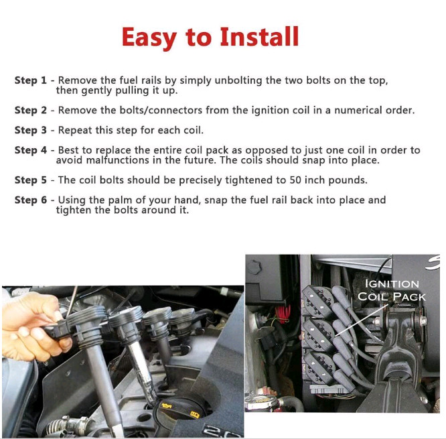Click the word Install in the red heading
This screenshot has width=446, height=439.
click(259, 36)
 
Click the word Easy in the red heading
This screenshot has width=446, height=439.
click(149, 38)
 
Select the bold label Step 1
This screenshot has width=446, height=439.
click(30, 80)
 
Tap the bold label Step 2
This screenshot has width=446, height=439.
click(30, 110)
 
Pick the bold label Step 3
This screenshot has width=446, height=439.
click(30, 130)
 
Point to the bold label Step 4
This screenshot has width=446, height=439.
click(30, 150)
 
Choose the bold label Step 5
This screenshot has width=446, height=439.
click(30, 180)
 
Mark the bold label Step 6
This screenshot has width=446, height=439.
click(30, 200)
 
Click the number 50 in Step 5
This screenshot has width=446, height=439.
click(295, 180)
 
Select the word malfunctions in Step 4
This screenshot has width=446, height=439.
click(117, 160)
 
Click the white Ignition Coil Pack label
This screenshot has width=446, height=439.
click(392, 290)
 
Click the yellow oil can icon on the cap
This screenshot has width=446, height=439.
click(166, 405)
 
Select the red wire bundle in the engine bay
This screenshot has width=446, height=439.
click(283, 314)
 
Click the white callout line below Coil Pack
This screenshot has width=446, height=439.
click(361, 321)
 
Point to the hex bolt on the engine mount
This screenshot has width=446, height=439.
click(423, 321)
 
